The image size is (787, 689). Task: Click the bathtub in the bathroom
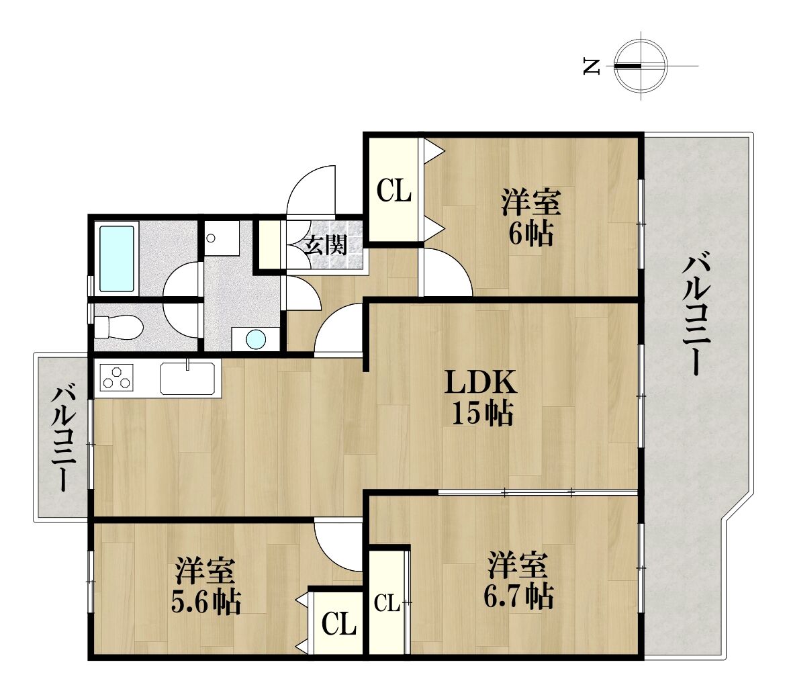pos(117,259)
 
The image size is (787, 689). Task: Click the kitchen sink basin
pos(188,378)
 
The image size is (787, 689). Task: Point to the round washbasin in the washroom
pos(256,339)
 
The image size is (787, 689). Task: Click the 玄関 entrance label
pos(327,245)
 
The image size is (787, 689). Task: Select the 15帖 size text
pos(482,414)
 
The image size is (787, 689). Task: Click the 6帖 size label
pos(531,232)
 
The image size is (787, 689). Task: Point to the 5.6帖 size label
pos(205,602)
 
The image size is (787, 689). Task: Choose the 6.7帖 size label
pos(518,595)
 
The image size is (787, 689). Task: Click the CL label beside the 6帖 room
pos(394,191)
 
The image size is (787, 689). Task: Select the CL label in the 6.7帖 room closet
pos(387,602)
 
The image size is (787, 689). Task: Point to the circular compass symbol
pos(641,66)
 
